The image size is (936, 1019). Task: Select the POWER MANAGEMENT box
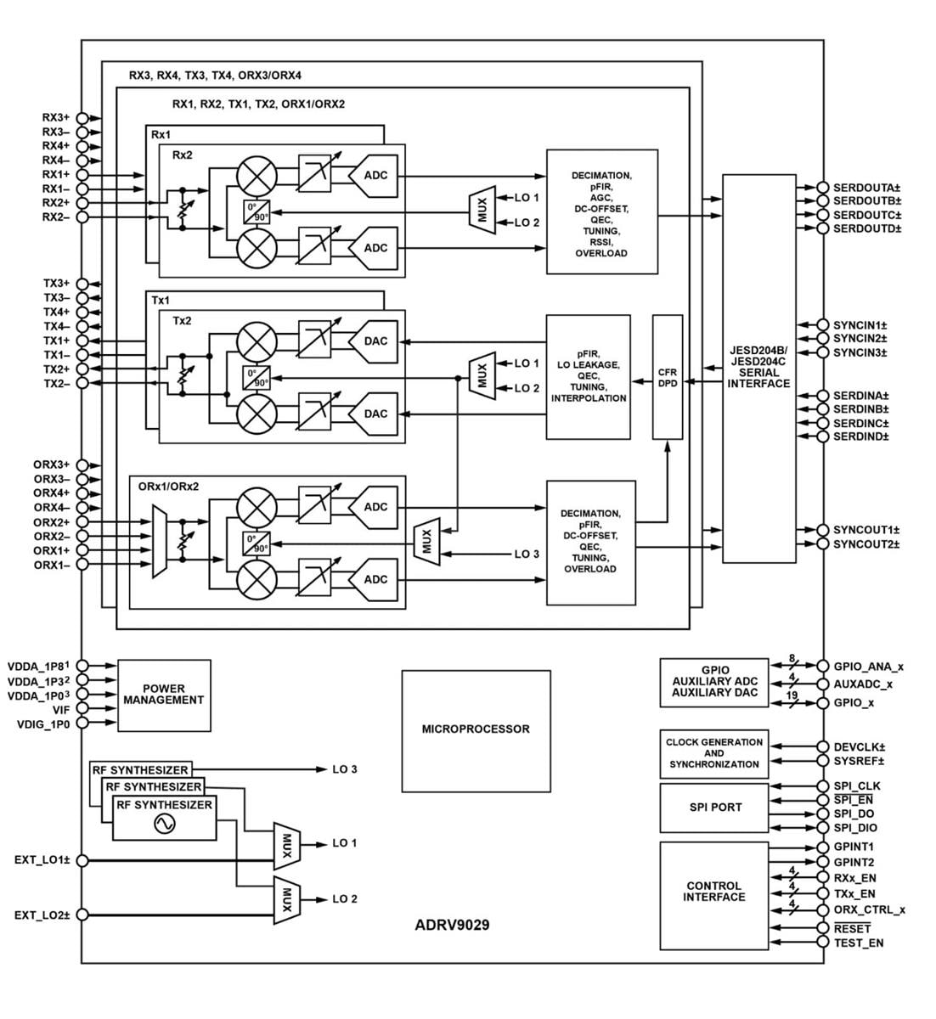(164, 695)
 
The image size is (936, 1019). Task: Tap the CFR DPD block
(668, 377)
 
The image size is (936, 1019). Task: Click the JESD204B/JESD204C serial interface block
(758, 368)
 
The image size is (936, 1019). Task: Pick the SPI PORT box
(714, 808)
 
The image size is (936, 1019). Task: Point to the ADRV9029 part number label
(452, 925)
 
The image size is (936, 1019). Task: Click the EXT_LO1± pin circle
(82, 860)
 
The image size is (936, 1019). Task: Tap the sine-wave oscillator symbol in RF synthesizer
(164, 824)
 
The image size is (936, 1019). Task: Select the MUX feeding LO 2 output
(287, 900)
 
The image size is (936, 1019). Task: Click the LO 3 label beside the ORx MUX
(527, 555)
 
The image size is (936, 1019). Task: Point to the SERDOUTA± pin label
(866, 188)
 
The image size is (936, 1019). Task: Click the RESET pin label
(852, 929)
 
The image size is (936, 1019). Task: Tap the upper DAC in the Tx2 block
(375, 341)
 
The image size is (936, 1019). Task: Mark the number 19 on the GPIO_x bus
(792, 696)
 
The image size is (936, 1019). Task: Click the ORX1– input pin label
(51, 565)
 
